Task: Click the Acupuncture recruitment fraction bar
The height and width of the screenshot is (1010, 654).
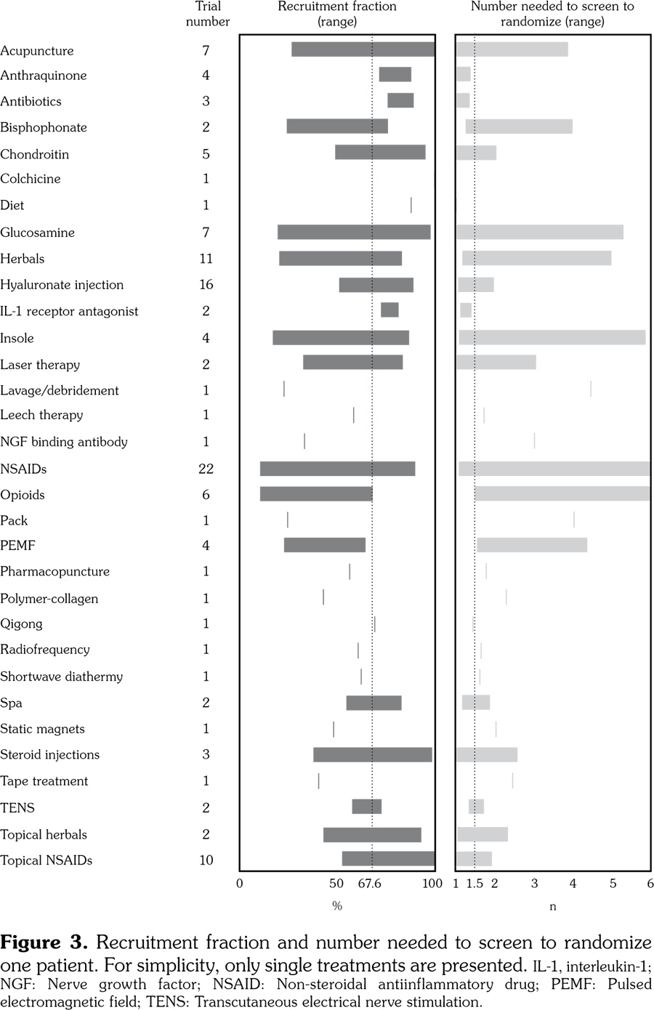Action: pyautogui.click(x=363, y=49)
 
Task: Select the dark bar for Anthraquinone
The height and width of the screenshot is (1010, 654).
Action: pyautogui.click(x=395, y=74)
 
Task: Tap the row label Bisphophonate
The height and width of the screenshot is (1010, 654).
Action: pyautogui.click(x=44, y=128)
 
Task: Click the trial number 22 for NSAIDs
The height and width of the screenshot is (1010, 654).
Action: pyautogui.click(x=206, y=469)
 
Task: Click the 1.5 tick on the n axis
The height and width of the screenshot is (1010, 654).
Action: pyautogui.click(x=475, y=884)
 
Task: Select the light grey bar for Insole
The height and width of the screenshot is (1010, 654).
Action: pyautogui.click(x=552, y=337)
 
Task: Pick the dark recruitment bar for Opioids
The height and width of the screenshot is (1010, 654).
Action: pyautogui.click(x=316, y=494)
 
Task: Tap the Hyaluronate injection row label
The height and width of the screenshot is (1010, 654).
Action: pyautogui.click(x=62, y=285)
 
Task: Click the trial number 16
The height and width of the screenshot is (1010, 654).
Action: pyautogui.click(x=206, y=285)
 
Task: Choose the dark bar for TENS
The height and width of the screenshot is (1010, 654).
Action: pyautogui.click(x=366, y=807)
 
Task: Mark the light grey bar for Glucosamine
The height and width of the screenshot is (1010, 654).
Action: pyautogui.click(x=539, y=233)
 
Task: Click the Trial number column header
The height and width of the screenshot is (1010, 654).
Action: pyautogui.click(x=208, y=14)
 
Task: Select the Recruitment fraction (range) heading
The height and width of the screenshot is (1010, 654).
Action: pyautogui.click(x=337, y=14)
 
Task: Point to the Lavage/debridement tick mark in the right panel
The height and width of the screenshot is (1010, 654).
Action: pyautogui.click(x=591, y=389)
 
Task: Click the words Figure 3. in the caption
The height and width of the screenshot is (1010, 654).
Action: pyautogui.click(x=44, y=943)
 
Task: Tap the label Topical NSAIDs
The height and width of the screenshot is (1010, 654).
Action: pyautogui.click(x=47, y=860)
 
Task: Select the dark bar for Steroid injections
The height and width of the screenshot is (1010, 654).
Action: pyautogui.click(x=372, y=754)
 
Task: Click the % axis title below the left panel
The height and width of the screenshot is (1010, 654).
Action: pyautogui.click(x=337, y=906)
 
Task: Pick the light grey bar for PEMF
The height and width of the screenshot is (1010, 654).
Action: pyautogui.click(x=532, y=545)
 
